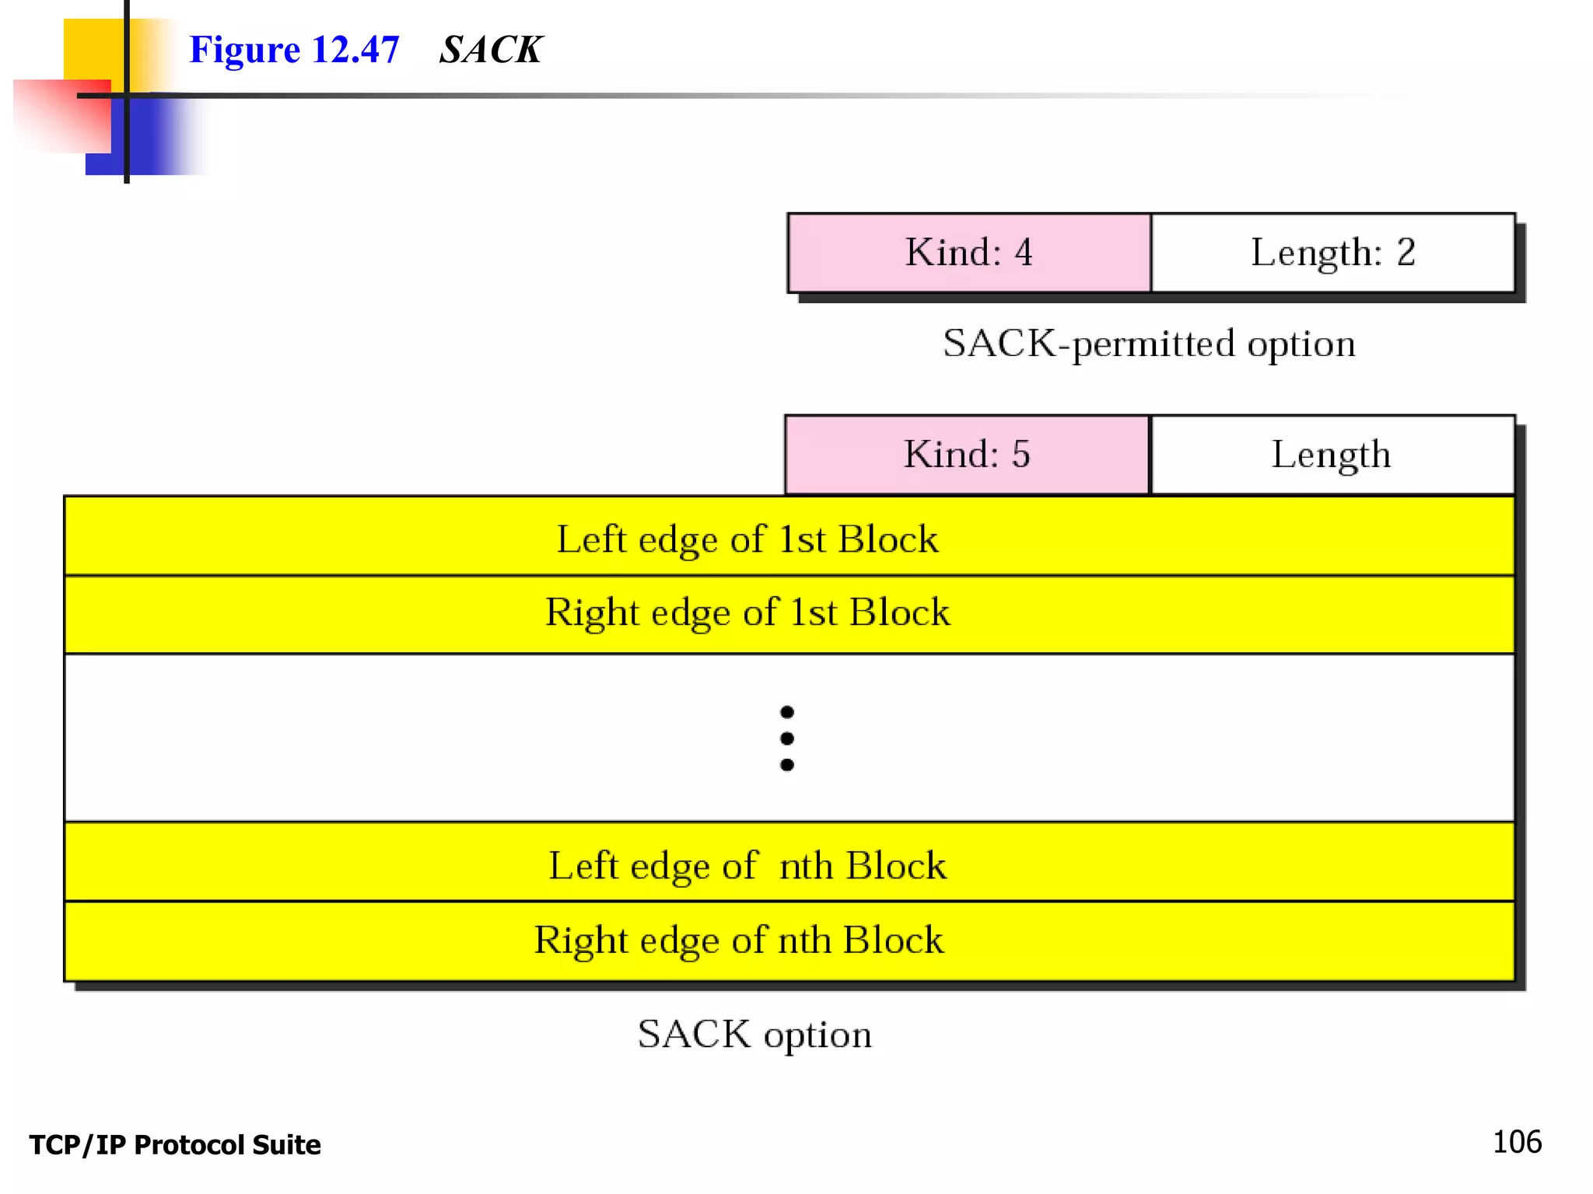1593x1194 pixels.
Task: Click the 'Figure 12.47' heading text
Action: click(294, 50)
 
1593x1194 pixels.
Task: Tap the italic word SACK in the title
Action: click(490, 50)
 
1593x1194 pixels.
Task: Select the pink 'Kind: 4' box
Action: click(968, 253)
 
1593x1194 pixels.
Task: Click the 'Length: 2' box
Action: click(1332, 253)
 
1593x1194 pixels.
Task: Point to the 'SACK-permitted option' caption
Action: click(1149, 344)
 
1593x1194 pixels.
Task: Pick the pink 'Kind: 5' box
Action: click(967, 455)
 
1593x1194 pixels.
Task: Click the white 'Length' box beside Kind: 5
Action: click(1331, 455)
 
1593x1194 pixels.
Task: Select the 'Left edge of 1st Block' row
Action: click(747, 538)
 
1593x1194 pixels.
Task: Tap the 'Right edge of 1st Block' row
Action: click(747, 613)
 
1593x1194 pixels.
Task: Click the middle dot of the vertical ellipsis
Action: click(787, 738)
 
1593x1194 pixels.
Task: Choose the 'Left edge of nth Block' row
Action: click(747, 864)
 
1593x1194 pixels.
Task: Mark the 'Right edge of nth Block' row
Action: click(739, 940)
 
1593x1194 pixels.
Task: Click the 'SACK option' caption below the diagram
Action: click(754, 1035)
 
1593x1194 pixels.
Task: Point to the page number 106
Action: click(1517, 1142)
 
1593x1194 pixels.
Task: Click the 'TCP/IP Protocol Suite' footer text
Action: click(175, 1145)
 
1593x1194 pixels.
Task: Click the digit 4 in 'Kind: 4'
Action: click(1024, 253)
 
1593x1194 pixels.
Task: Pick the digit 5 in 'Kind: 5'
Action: click(1021, 455)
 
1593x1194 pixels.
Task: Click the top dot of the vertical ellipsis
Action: click(787, 712)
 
